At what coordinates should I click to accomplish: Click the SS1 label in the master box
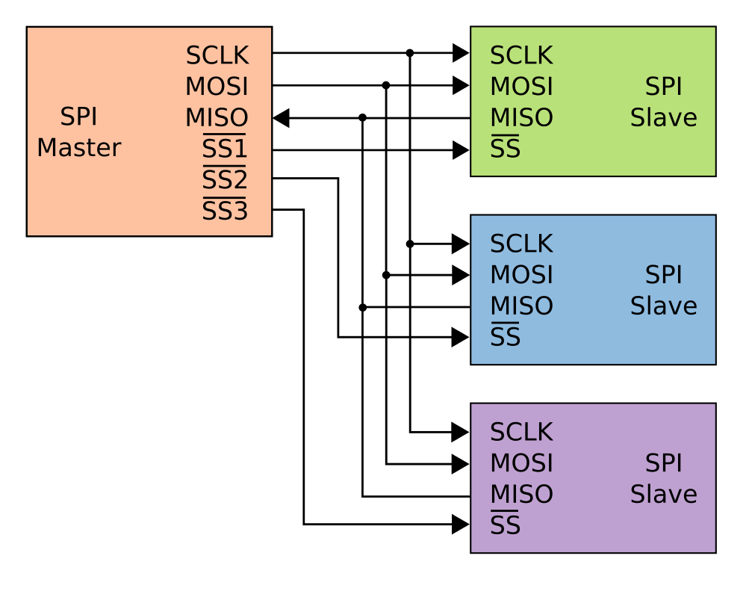[224, 149]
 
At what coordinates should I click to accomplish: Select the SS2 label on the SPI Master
[224, 181]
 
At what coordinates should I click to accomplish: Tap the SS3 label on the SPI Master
[224, 212]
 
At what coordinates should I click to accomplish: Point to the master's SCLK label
[217, 55]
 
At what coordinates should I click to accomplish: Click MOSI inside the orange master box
[217, 87]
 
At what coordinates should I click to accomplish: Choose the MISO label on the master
[217, 118]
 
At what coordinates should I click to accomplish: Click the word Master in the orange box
[78, 148]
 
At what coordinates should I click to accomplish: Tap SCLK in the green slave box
[521, 55]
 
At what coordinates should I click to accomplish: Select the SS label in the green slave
[505, 149]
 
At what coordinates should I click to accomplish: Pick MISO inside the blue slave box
[521, 306]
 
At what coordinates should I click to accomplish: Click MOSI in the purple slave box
[521, 463]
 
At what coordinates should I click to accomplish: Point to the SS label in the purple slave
[505, 526]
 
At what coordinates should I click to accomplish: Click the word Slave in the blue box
[663, 306]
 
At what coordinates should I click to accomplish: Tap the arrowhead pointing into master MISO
[281, 117]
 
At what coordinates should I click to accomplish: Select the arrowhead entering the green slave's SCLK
[461, 53]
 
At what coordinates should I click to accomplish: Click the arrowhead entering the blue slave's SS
[461, 338]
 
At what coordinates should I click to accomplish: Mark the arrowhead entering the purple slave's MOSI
[461, 464]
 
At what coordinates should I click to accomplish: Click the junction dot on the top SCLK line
[410, 53]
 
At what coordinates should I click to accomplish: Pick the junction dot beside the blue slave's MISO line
[362, 307]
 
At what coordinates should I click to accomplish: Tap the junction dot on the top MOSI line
[386, 85]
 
